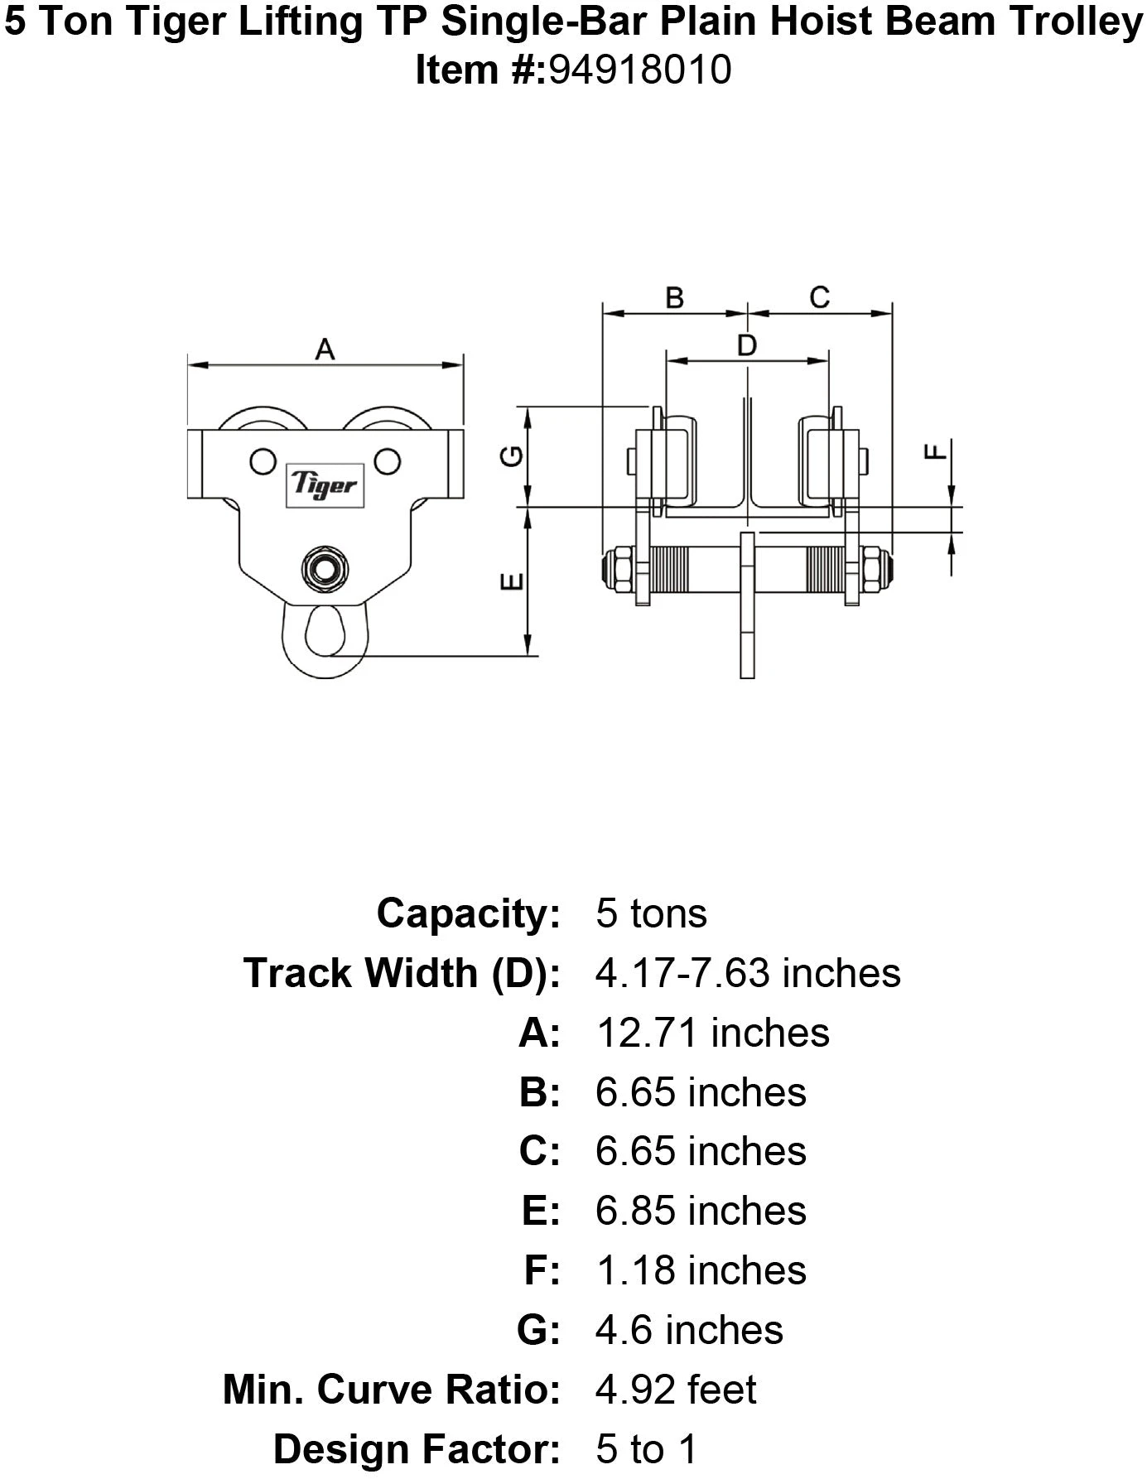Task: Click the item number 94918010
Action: point(639,70)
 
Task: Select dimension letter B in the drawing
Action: point(675,297)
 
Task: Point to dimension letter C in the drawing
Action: point(819,297)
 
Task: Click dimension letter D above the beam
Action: point(747,345)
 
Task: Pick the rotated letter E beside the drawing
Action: point(513,581)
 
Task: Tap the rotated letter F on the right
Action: point(935,451)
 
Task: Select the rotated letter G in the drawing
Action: point(513,455)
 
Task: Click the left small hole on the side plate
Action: point(263,460)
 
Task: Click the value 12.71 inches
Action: point(712,1033)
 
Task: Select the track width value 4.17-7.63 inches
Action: point(748,973)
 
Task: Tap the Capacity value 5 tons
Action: point(651,914)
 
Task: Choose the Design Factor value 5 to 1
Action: point(647,1449)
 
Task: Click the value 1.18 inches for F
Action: point(701,1271)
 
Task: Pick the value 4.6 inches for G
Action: point(689,1330)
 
